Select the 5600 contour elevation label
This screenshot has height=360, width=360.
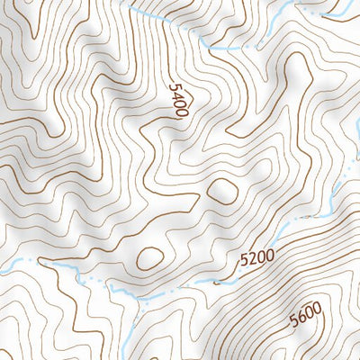(305, 316)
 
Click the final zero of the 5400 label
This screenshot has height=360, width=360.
(181, 113)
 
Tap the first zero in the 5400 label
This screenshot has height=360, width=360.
(178, 105)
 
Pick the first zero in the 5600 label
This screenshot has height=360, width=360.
(309, 314)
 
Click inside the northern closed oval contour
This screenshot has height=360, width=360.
(221, 189)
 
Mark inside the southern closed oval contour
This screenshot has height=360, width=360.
(148, 259)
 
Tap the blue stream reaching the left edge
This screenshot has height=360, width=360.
(4, 268)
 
